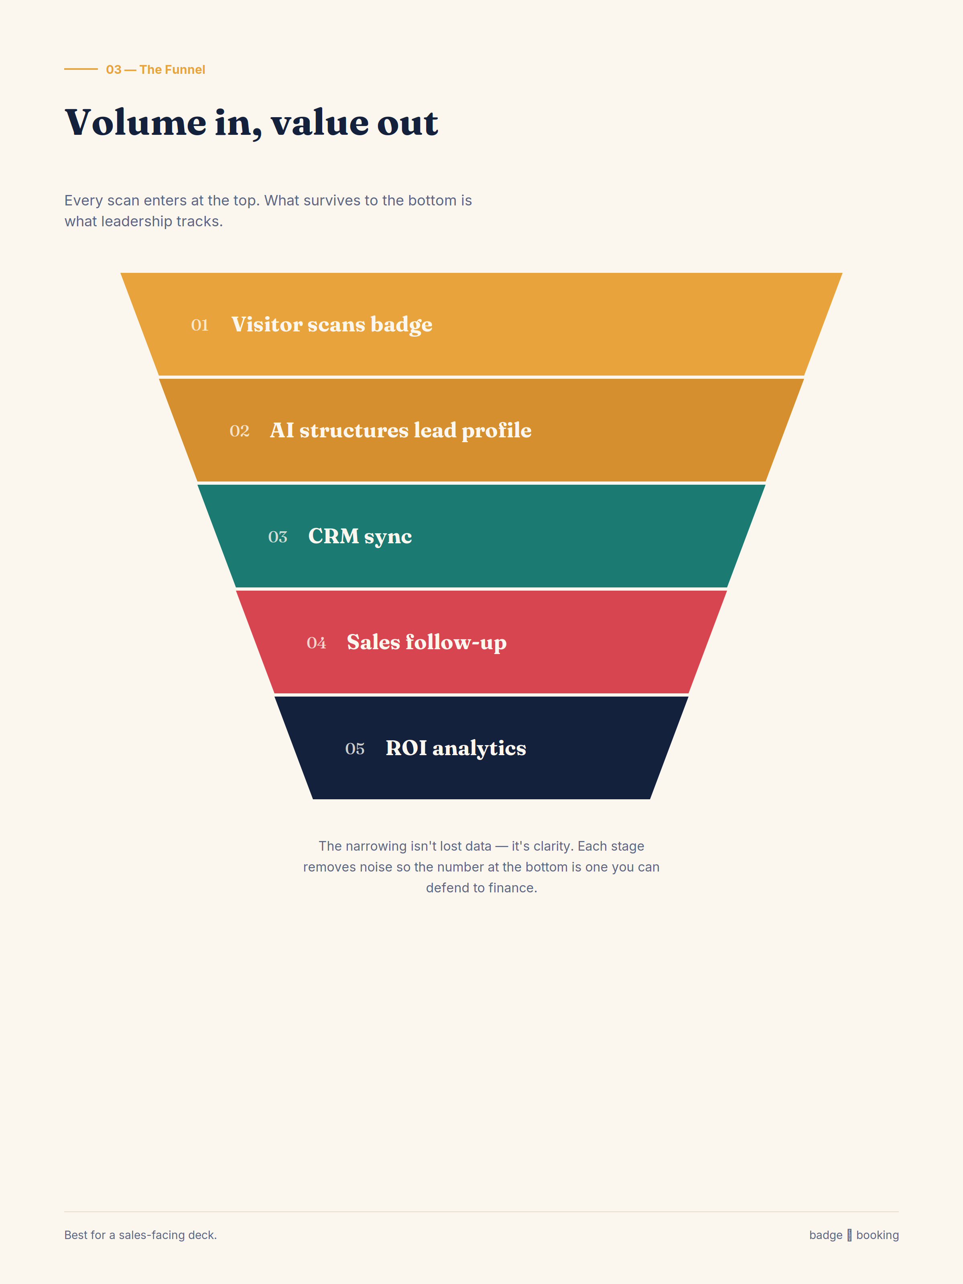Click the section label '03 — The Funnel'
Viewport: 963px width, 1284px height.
[156, 70]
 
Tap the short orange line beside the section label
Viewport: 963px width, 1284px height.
[81, 69]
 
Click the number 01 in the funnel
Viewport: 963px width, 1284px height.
[200, 325]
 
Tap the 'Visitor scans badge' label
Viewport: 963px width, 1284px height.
[332, 325]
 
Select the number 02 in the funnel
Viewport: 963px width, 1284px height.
[239, 431]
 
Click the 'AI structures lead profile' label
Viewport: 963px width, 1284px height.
[400, 431]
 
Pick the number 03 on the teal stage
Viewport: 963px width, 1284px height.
[278, 537]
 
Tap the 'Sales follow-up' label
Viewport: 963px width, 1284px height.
[427, 642]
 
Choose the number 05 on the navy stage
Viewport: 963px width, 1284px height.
[355, 749]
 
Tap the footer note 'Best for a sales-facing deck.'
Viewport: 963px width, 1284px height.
[140, 1235]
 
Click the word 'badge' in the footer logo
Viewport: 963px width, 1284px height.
[825, 1235]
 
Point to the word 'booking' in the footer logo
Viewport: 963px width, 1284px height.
[877, 1235]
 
